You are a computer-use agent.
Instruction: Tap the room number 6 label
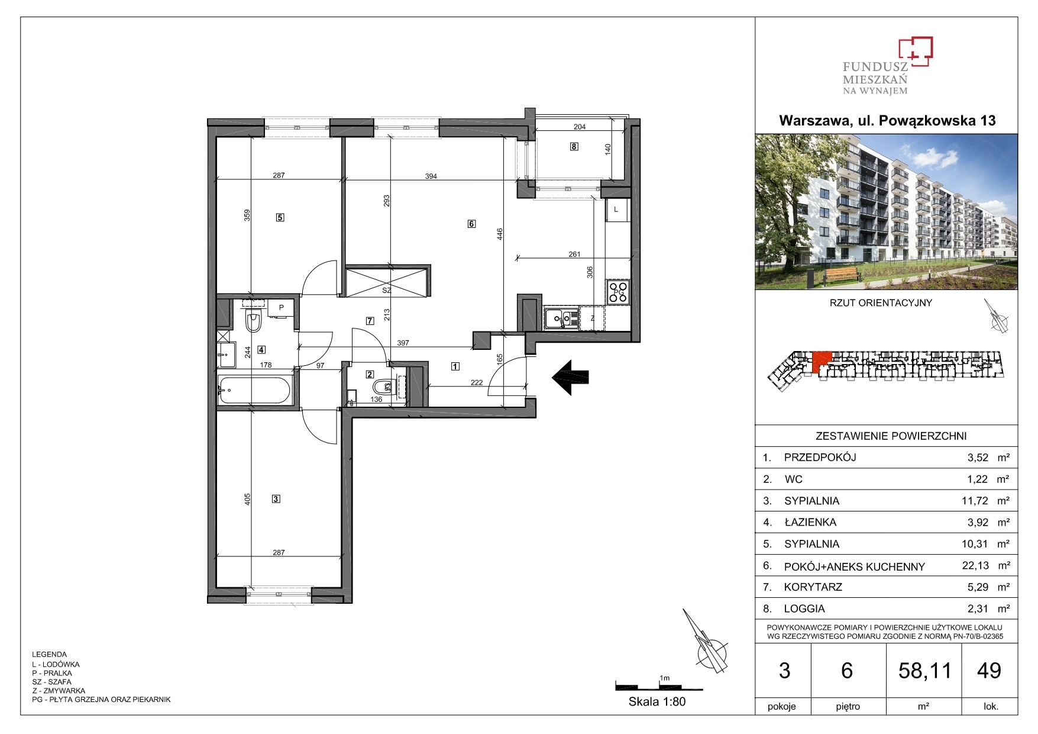pos(471,224)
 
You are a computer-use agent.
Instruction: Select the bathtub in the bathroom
pos(254,390)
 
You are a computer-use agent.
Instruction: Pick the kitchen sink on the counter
pos(561,318)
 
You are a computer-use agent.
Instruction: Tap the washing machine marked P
pos(281,308)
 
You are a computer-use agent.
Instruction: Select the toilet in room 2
pos(382,387)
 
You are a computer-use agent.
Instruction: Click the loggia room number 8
pos(574,147)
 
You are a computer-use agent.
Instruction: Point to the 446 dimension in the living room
pos(500,234)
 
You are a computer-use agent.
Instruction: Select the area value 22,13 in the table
pos(975,565)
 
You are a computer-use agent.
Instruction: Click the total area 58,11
pos(925,671)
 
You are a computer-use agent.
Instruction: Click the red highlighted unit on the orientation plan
pos(822,362)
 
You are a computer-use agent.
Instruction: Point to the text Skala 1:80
pos(657,702)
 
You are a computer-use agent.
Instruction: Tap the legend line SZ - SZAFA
pos(51,682)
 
